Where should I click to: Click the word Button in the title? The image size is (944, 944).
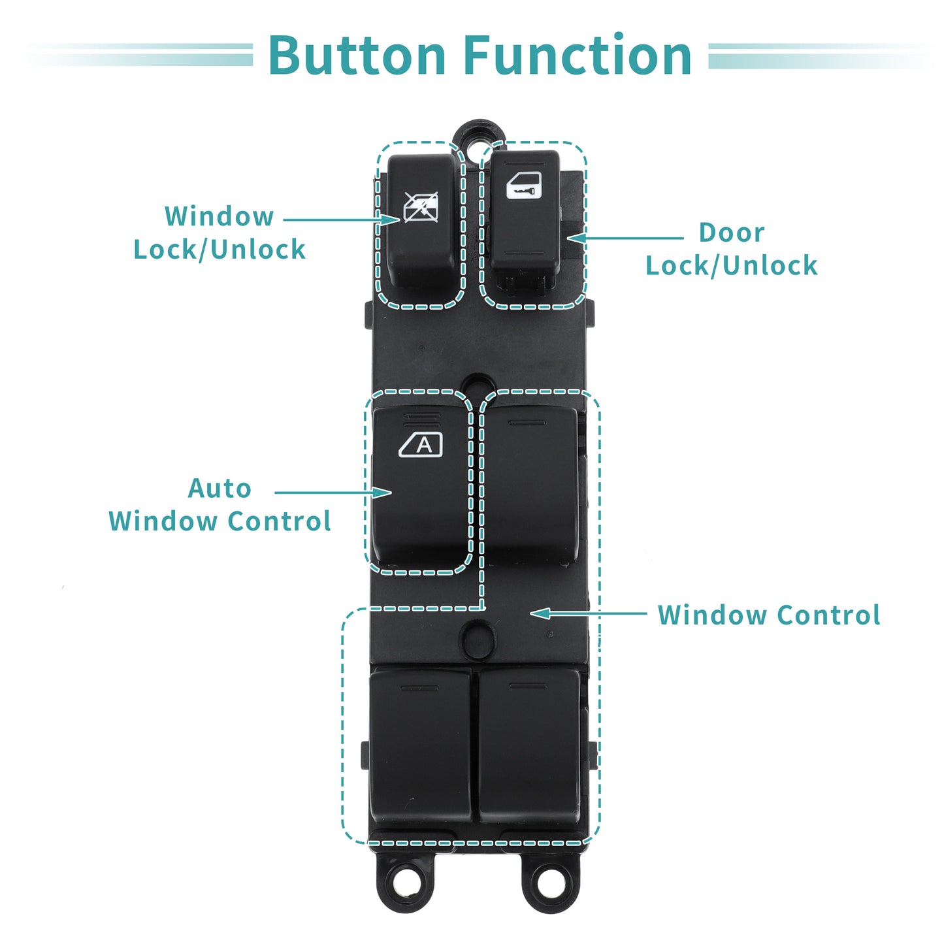[357, 55]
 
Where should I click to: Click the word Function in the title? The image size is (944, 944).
[578, 55]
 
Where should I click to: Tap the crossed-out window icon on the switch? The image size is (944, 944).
[421, 207]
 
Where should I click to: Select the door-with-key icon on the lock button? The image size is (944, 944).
[524, 185]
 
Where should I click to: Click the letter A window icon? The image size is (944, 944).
[421, 444]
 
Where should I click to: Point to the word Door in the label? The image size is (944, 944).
[732, 232]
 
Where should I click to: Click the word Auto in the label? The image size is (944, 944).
[220, 489]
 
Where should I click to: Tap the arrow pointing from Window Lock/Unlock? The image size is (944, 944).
[342, 220]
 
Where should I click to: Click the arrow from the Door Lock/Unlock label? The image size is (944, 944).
[625, 238]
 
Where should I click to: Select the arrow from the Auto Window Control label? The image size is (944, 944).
[333, 493]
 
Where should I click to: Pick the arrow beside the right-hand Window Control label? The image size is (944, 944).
[589, 613]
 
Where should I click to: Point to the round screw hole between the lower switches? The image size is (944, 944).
[478, 638]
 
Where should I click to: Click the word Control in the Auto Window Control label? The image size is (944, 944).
[280, 521]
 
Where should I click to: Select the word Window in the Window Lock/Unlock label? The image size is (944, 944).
[220, 216]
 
